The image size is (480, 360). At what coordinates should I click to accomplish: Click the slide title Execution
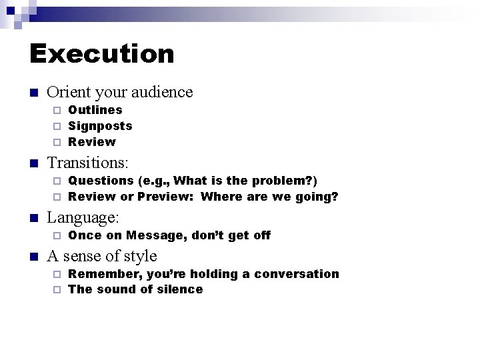(x=101, y=54)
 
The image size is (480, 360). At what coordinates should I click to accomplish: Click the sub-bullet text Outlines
(x=95, y=110)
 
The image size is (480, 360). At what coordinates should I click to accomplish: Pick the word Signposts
(x=100, y=126)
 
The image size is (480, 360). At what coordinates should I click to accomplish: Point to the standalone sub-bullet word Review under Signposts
(x=92, y=142)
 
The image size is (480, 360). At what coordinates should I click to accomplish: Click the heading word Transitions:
(x=88, y=163)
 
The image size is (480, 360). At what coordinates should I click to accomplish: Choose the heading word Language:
(x=83, y=217)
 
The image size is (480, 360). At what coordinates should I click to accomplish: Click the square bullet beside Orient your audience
(x=34, y=93)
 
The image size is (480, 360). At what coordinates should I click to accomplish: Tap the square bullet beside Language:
(x=34, y=218)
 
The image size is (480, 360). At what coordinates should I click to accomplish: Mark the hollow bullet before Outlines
(x=57, y=110)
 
